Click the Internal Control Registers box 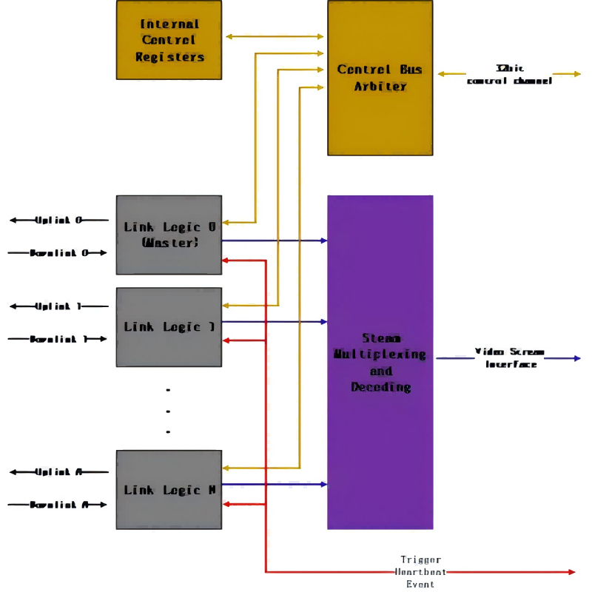coord(169,40)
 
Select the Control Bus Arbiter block coord(380,78)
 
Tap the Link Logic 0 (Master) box coord(169,235)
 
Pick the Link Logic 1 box coord(169,326)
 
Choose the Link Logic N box coord(169,489)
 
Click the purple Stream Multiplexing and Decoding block coord(380,363)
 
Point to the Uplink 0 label coord(58,221)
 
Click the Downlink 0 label coord(58,253)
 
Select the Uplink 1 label coord(58,306)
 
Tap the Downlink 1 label coord(58,339)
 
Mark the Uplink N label coord(58,472)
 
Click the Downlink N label coord(58,505)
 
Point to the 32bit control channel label coord(509,74)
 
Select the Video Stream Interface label coord(510,357)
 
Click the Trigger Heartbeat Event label coord(420,571)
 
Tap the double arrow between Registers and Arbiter coord(275,36)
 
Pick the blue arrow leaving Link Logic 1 coord(274,322)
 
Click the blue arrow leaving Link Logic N coord(274,485)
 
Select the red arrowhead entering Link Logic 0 coord(226,260)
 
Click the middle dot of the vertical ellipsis coord(169,411)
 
